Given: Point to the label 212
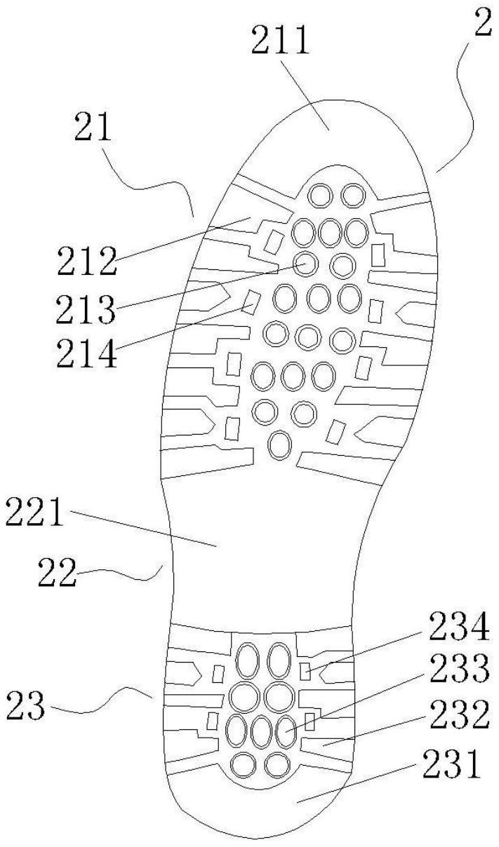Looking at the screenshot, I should click(86, 261).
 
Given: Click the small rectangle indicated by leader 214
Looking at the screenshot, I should click(250, 302).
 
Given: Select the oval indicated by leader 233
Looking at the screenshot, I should click(286, 731).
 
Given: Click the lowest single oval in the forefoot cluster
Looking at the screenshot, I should click(280, 445).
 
